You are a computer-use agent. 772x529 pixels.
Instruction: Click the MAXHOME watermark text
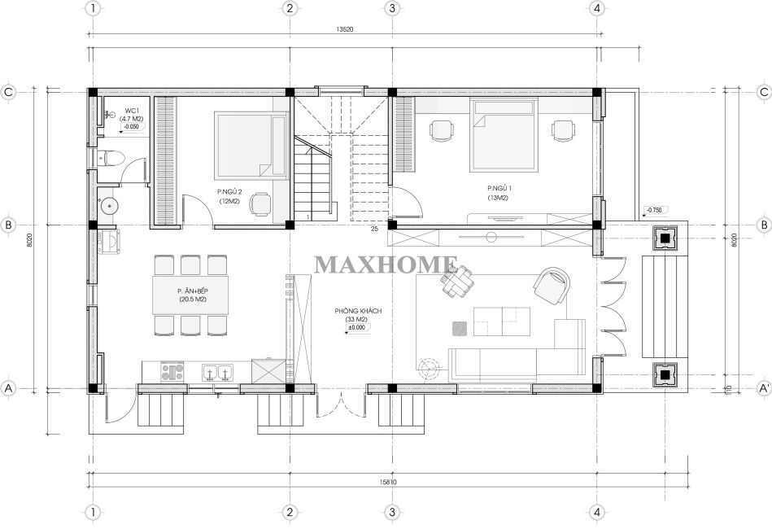point(386,264)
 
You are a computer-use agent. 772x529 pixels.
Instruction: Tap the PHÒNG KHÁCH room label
point(358,311)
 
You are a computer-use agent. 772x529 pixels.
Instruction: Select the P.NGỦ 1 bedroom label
point(499,188)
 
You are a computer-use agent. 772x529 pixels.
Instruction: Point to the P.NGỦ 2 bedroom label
point(229,191)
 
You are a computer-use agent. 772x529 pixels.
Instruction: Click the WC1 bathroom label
point(131,111)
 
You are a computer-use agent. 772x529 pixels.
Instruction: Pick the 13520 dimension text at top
point(345,29)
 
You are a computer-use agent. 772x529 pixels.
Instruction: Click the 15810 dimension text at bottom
point(387,482)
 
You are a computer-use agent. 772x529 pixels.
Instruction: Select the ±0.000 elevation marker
point(358,327)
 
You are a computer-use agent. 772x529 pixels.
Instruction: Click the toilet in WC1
point(108,159)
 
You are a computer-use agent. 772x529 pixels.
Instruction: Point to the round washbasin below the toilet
point(109,205)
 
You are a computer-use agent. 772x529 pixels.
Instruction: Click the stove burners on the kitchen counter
point(172,371)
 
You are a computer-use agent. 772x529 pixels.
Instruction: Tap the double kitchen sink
point(218,373)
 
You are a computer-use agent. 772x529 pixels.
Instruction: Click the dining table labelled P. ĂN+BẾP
point(190,295)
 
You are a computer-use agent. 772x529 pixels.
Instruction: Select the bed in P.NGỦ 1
point(503,134)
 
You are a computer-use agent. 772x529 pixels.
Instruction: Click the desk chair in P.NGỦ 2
point(260,204)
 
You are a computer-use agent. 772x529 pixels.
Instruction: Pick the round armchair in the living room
point(552,286)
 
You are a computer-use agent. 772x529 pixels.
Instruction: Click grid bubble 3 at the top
point(392,8)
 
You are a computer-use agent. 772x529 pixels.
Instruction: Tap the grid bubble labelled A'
point(764,388)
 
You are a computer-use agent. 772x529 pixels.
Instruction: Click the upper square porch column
point(665,238)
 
